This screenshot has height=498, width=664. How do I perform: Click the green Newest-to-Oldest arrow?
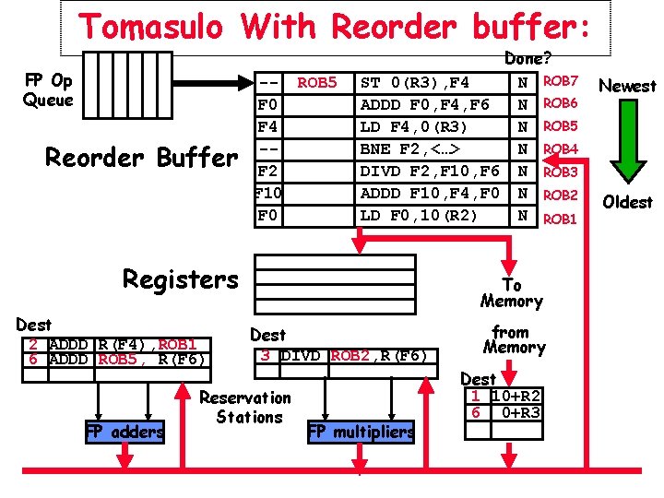click(628, 141)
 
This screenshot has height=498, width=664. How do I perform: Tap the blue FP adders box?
click(125, 432)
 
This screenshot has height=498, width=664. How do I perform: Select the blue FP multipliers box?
click(361, 432)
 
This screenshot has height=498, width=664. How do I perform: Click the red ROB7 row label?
click(561, 80)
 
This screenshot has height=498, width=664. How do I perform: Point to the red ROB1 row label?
click(560, 219)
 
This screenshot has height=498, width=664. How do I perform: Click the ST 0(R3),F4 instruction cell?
click(432, 83)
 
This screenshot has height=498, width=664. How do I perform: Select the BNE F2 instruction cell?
click(432, 149)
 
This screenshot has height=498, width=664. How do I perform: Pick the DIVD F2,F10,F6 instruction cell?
click(432, 172)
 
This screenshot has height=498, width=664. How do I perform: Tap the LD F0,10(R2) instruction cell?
click(432, 216)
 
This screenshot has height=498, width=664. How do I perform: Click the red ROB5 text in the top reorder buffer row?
click(316, 82)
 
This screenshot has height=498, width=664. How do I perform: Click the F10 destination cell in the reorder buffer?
click(268, 194)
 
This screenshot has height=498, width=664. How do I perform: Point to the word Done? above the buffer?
click(528, 58)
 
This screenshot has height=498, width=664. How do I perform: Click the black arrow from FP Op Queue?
click(213, 83)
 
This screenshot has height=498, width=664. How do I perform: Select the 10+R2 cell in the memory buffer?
click(516, 396)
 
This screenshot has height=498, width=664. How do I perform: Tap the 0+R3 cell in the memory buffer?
click(516, 412)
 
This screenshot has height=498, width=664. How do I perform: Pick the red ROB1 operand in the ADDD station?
click(177, 344)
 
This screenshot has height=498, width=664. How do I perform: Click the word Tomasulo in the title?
click(150, 26)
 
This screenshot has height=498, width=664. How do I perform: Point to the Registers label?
click(181, 279)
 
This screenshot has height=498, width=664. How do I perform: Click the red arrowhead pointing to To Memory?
click(508, 267)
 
